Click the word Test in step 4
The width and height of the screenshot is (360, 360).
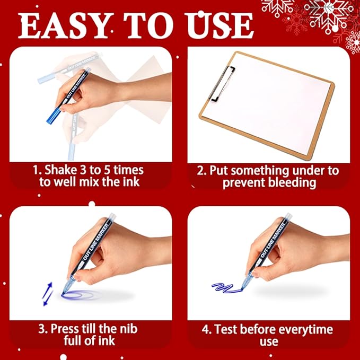pyautogui.click(x=229, y=329)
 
